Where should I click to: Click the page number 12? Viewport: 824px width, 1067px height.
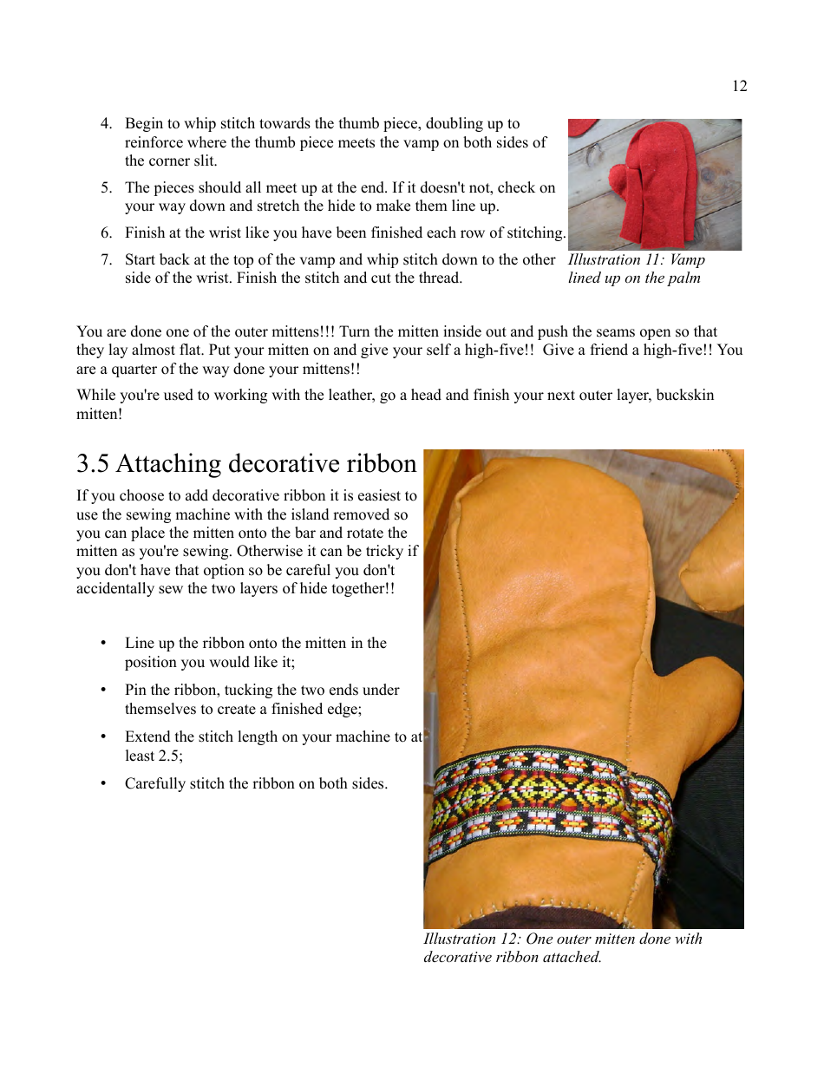point(739,86)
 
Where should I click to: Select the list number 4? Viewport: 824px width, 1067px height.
point(106,124)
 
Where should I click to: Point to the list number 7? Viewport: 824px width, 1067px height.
point(106,260)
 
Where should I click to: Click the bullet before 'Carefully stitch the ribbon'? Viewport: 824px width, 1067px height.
point(103,784)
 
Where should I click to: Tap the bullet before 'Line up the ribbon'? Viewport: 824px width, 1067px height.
point(103,644)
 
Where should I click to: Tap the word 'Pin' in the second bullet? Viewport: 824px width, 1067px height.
point(135,691)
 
